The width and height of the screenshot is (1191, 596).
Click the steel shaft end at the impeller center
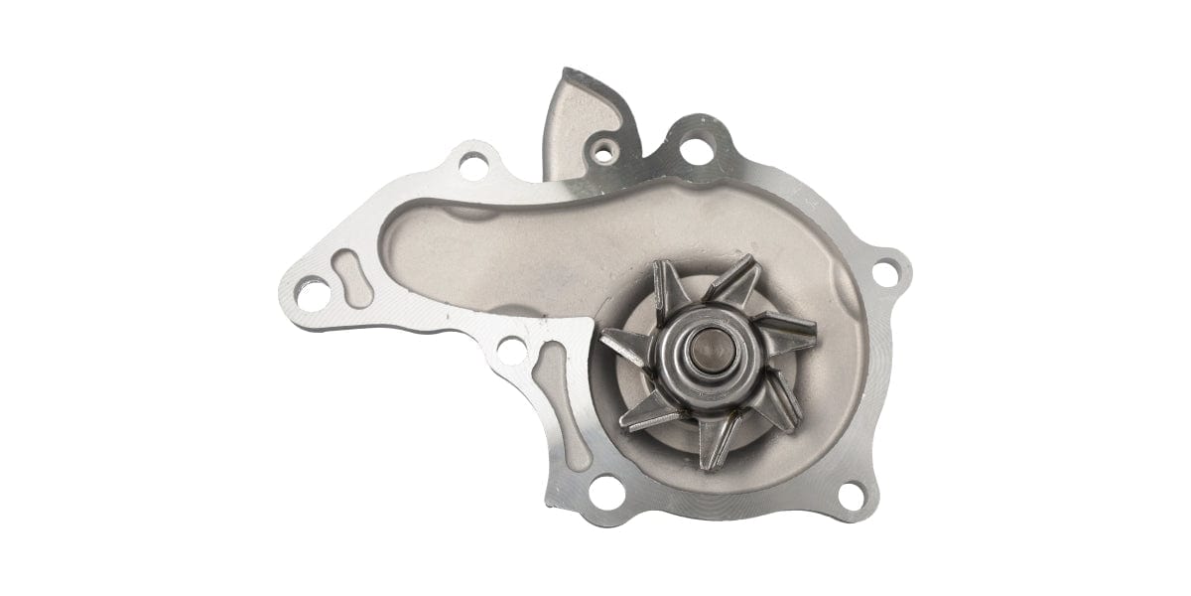tap(707, 352)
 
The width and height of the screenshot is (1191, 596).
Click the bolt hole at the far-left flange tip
tap(313, 293)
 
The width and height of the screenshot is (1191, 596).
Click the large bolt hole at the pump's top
tap(697, 150)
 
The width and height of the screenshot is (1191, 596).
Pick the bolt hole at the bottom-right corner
tap(852, 496)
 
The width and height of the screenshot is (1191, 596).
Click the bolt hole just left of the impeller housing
tap(512, 350)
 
